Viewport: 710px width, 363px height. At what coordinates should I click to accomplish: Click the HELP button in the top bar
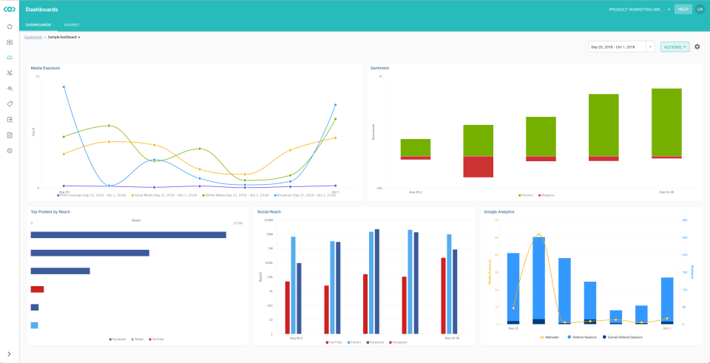coord(683,10)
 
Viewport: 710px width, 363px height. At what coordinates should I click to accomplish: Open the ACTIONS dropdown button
coord(674,47)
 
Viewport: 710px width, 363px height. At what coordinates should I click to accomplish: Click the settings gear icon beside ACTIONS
coord(697,47)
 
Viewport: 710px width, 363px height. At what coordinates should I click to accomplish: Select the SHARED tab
coord(72,25)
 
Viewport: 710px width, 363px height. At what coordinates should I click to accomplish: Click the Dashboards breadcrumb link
coord(33,36)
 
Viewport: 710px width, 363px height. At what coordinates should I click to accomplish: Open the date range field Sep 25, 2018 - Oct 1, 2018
coord(617,47)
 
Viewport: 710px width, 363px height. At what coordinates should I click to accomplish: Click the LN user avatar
coord(700,10)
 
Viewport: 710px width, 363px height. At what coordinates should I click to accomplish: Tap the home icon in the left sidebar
coord(10,27)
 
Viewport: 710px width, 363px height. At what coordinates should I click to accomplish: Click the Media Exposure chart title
coord(46,67)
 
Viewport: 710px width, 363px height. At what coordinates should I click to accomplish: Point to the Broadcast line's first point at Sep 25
coord(64,86)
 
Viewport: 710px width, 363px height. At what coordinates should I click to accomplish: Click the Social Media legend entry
coord(165,195)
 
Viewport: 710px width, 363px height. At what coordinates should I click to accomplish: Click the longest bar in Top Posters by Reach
coord(128,235)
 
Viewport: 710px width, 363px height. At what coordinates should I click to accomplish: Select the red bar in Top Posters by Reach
coord(37,289)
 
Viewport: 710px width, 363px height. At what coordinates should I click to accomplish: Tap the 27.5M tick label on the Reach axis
coord(238,223)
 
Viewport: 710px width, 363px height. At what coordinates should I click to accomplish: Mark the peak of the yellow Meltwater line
coord(538,234)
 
